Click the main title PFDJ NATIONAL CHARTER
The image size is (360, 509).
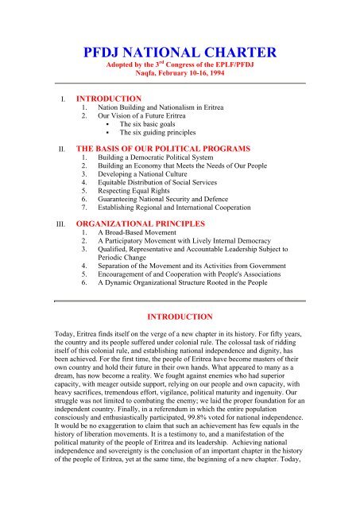[x=180, y=54]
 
